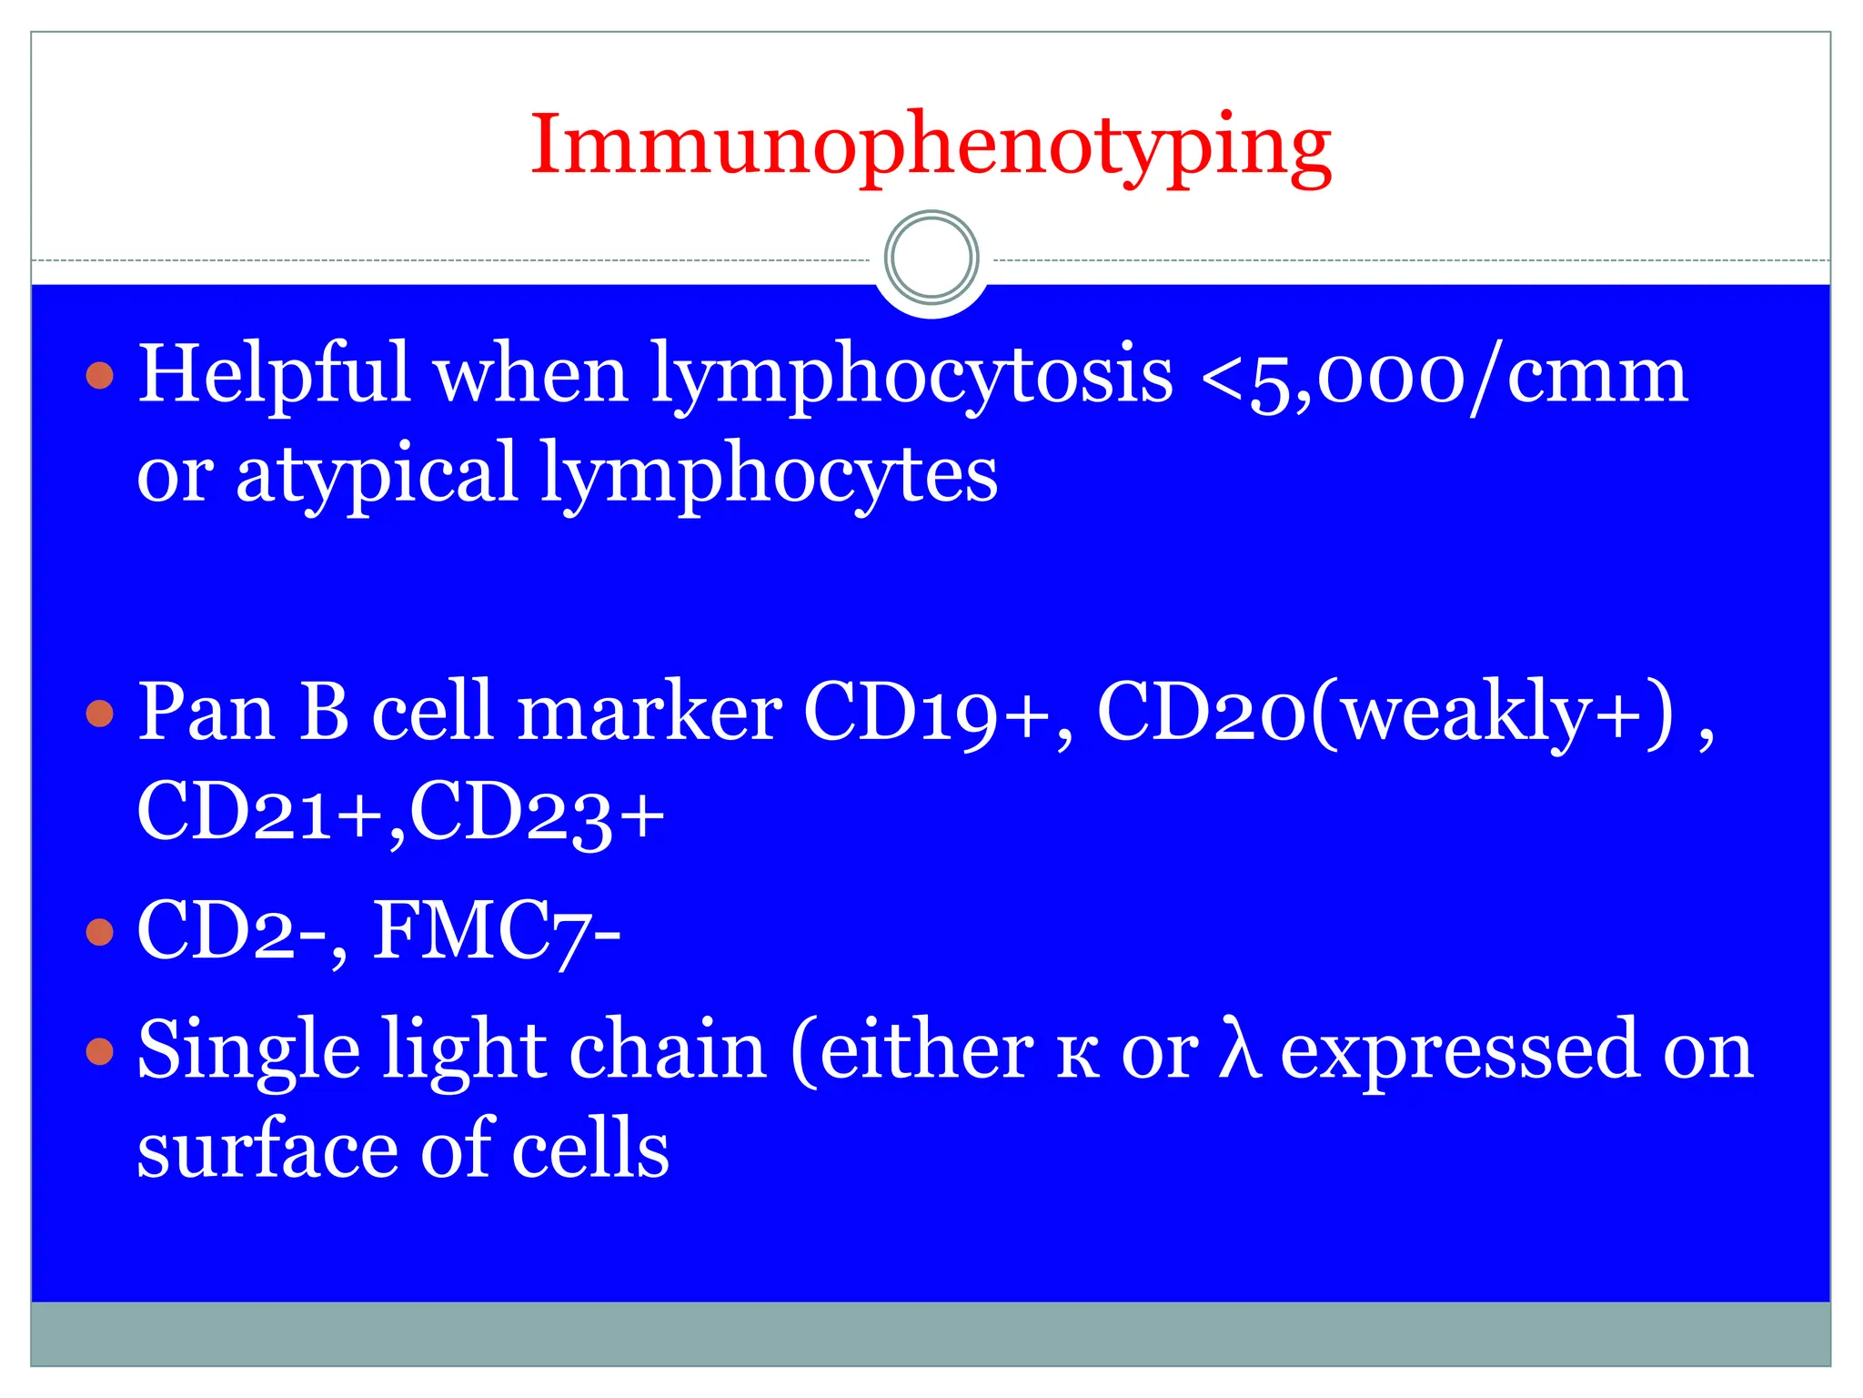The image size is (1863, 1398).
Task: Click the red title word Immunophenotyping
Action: [931, 146]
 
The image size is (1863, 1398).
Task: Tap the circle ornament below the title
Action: [931, 258]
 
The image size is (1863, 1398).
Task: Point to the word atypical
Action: [377, 474]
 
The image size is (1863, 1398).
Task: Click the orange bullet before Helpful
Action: [100, 375]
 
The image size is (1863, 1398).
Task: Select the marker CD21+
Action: [260, 812]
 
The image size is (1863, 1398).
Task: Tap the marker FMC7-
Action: [497, 931]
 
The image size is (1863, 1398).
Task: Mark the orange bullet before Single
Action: [100, 1052]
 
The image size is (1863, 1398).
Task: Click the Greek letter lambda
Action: [1240, 1050]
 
